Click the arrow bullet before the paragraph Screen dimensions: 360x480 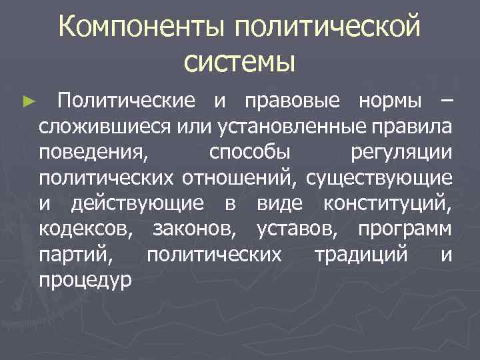coord(27,102)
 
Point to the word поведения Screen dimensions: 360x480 coord(93,152)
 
